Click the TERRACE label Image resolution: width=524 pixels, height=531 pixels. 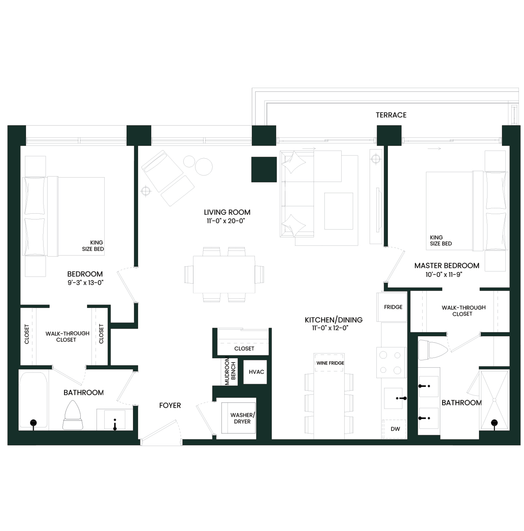point(391,115)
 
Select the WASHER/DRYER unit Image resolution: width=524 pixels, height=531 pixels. point(238,418)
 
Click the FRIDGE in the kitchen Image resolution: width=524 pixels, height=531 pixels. point(392,307)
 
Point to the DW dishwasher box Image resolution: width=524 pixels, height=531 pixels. point(393,429)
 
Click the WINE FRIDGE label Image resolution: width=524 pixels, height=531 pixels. point(330,363)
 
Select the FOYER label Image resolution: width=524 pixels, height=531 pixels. point(170,405)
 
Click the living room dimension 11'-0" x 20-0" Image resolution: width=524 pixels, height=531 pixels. point(226,221)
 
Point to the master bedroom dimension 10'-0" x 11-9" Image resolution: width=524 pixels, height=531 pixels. point(444,274)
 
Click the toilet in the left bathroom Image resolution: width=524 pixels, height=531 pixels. point(72,415)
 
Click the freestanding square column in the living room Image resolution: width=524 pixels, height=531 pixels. point(264,169)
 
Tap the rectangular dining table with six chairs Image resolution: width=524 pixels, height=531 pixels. point(224,274)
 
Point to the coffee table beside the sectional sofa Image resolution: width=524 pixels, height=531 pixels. point(339,211)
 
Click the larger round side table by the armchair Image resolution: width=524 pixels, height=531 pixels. point(204,167)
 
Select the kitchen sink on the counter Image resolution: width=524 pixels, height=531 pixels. point(393,398)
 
